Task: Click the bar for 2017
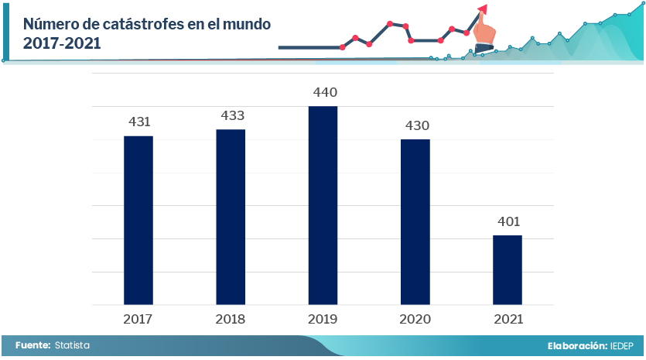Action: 138,221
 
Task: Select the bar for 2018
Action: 231,217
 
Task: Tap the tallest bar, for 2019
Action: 323,205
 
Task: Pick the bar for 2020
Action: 415,222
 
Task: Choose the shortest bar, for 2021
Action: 508,269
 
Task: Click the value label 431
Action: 138,122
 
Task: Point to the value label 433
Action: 232,115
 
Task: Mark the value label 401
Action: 508,222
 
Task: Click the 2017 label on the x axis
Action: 138,319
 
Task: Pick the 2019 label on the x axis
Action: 323,319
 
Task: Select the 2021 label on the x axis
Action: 508,319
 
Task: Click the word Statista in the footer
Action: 72,345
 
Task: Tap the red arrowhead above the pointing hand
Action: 483,9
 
